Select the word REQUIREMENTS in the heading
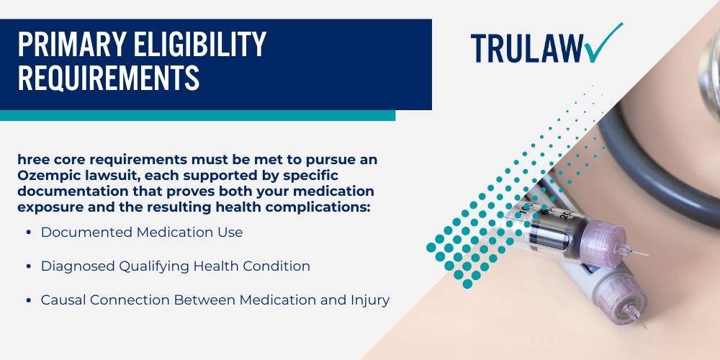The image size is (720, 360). click(x=108, y=78)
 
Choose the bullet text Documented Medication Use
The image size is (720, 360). click(x=142, y=233)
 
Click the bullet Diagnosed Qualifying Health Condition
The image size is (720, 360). click(x=175, y=266)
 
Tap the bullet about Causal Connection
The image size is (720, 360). click(x=215, y=300)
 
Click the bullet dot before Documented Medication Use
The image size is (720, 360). click(x=28, y=233)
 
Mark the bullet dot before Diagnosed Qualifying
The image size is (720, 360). click(x=28, y=266)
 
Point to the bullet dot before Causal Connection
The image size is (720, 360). click(x=28, y=300)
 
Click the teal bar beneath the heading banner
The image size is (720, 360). click(x=197, y=115)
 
